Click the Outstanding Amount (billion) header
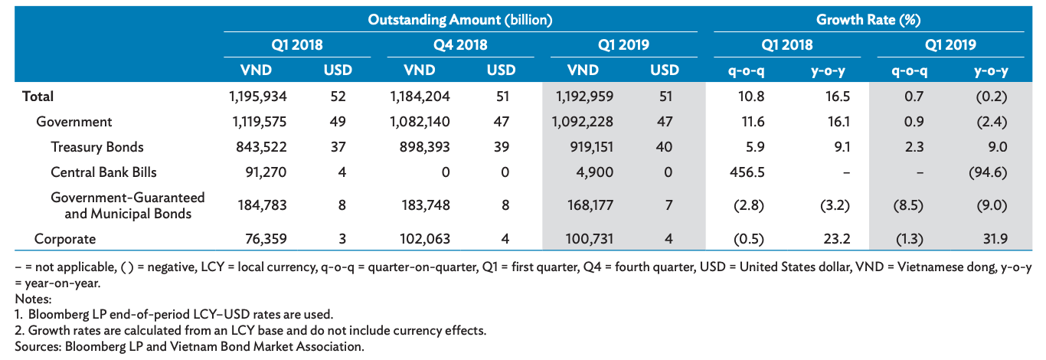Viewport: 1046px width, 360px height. (x=460, y=19)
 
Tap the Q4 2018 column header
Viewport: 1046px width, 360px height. (x=460, y=44)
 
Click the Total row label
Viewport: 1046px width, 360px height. (x=38, y=97)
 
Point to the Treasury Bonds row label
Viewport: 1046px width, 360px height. (x=97, y=147)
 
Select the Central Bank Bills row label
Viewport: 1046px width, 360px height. (x=104, y=172)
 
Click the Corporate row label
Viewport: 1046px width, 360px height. (x=65, y=239)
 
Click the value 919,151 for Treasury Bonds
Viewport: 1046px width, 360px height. (x=585, y=147)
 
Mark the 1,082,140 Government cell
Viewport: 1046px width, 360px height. (x=419, y=122)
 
